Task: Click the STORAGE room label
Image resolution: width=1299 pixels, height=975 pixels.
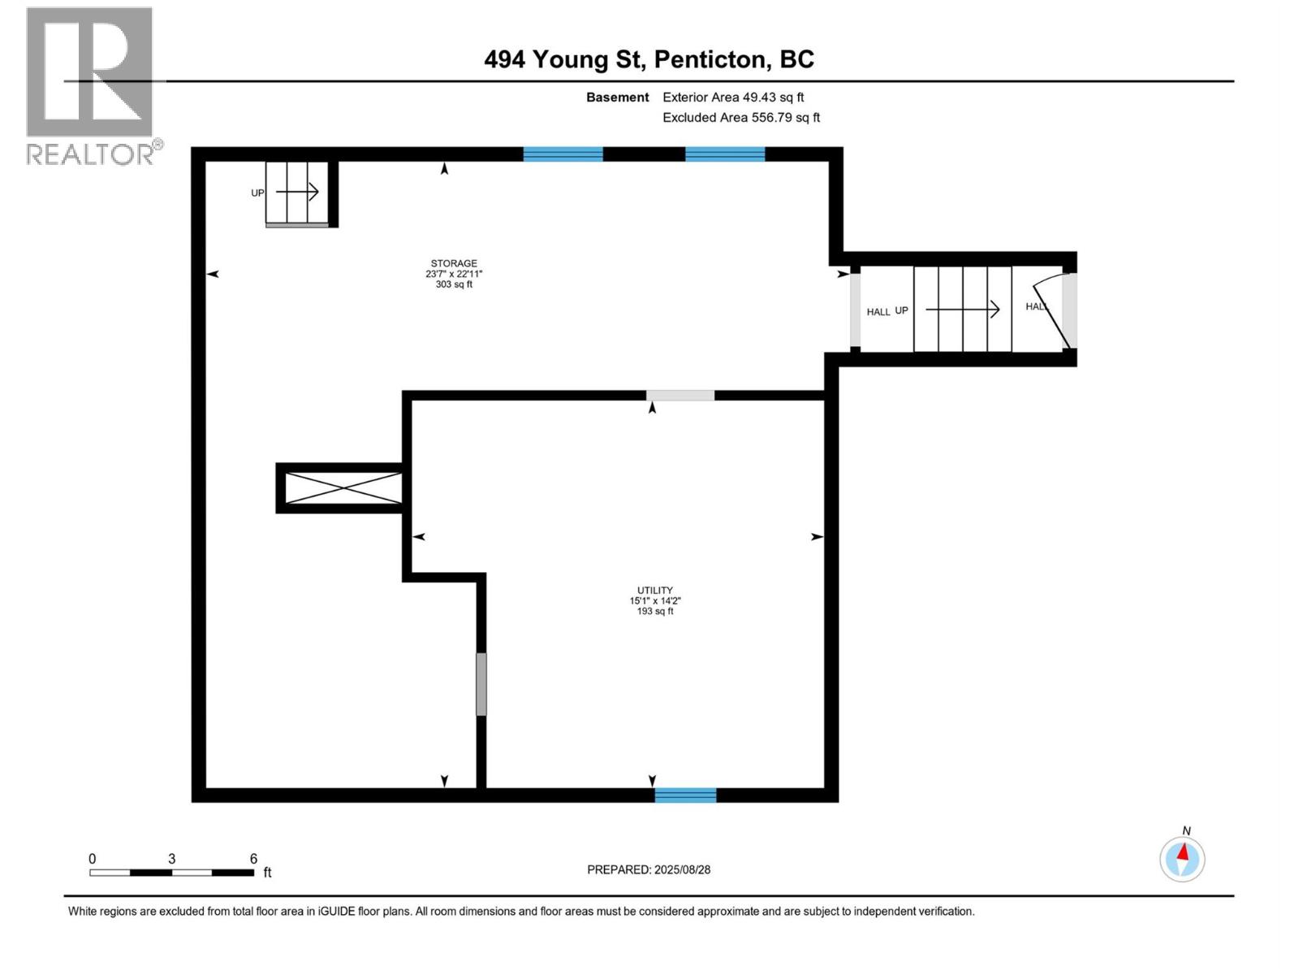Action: [x=454, y=263]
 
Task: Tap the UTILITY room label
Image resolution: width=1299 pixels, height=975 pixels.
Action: [x=654, y=591]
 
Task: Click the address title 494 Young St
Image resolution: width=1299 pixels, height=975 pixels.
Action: [x=649, y=59]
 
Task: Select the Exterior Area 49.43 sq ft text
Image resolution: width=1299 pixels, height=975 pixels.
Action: [x=732, y=97]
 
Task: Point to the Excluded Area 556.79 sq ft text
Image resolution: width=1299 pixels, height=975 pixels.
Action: [x=740, y=118]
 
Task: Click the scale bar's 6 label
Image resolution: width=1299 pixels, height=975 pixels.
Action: [x=253, y=859]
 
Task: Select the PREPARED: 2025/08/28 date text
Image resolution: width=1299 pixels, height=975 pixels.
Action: [x=649, y=869]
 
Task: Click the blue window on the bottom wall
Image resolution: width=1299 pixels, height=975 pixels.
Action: [x=685, y=795]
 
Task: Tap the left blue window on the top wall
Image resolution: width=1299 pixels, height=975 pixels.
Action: [x=563, y=154]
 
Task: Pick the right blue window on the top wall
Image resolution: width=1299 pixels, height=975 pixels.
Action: [x=725, y=154]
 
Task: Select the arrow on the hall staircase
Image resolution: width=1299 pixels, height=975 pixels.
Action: [x=963, y=310]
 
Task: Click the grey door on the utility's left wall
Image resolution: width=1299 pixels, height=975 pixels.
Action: [x=481, y=684]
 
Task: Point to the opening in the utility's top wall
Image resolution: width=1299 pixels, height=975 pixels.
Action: [x=680, y=396]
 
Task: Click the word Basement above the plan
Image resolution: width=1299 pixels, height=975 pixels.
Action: [x=617, y=97]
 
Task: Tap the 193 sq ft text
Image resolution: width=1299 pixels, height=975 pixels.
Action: [x=654, y=611]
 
